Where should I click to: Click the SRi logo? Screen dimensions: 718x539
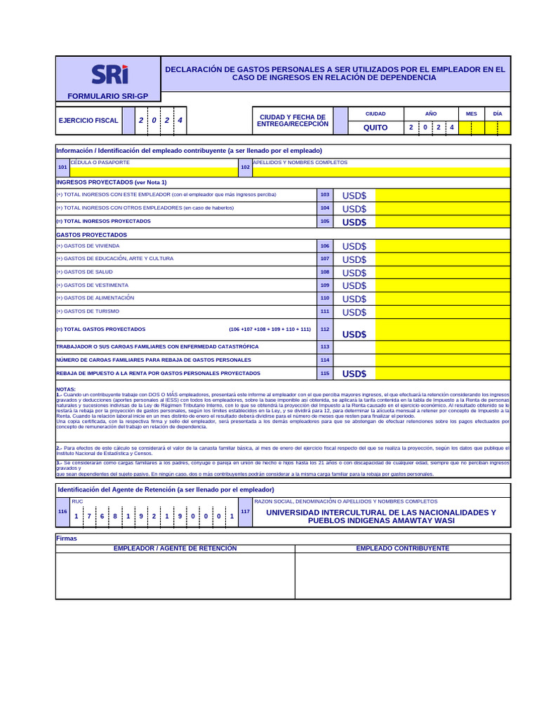tap(109, 74)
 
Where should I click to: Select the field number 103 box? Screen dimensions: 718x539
tap(324, 194)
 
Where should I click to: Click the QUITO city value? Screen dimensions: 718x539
tap(375, 128)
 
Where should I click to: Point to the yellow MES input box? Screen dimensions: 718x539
tap(471, 128)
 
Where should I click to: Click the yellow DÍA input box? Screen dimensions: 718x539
tap(498, 128)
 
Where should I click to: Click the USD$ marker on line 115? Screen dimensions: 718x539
tap(354, 374)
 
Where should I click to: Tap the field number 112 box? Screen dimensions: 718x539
tap(324, 329)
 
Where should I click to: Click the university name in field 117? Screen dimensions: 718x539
tap(381, 517)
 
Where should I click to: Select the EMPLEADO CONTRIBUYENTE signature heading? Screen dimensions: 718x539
tap(403, 548)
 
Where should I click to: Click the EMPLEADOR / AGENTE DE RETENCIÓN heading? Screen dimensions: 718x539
tap(175, 548)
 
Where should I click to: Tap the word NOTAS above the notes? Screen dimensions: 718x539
tap(66, 389)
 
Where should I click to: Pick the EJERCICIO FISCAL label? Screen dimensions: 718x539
tap(88, 121)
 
